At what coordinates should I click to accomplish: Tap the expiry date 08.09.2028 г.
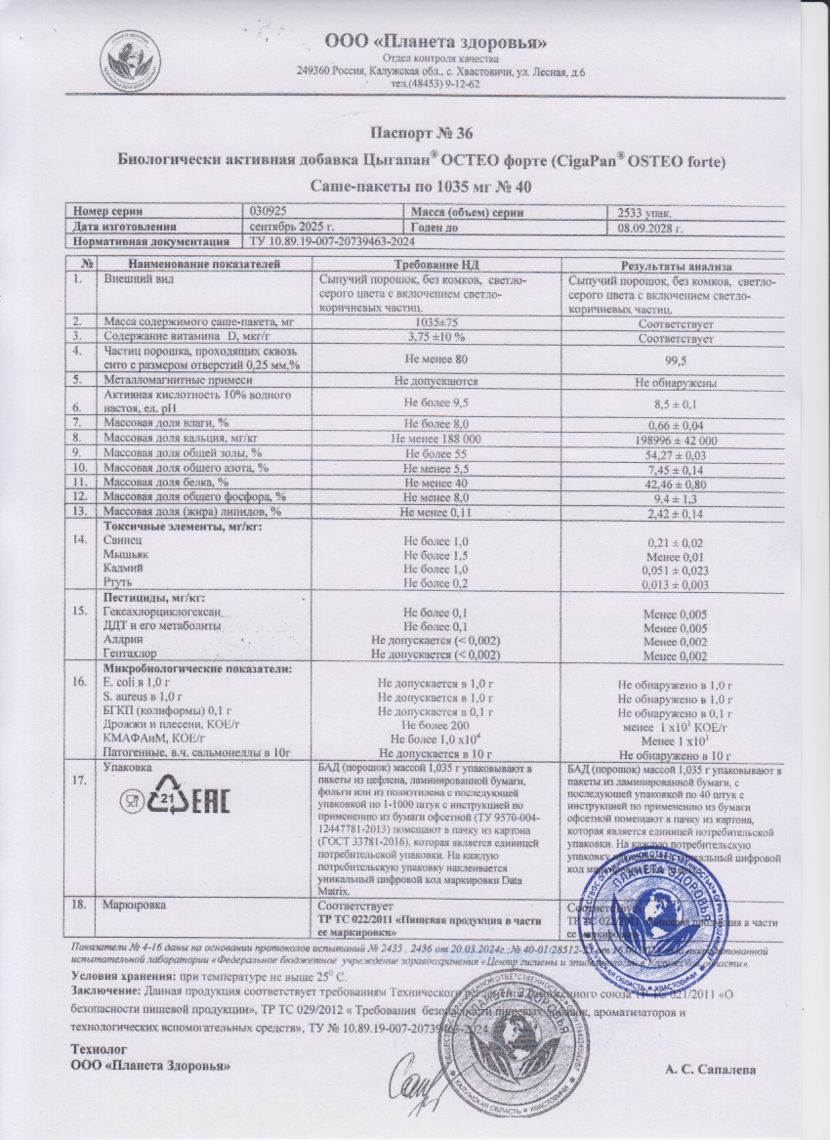tap(648, 227)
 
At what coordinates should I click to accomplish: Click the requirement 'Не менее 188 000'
tap(436, 439)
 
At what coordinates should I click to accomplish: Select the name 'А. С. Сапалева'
tap(711, 1070)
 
